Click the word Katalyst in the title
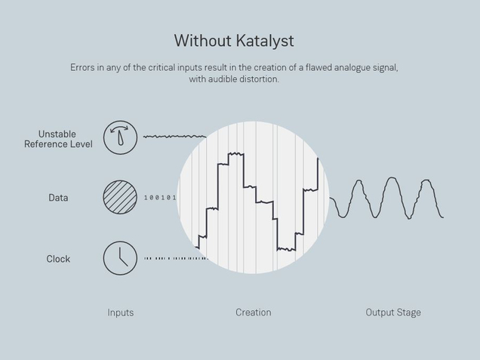[265, 41]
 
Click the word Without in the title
[203, 41]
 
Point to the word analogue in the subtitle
[352, 68]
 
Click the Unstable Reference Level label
[58, 139]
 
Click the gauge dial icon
[120, 137]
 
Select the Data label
[58, 198]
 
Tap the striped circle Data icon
[120, 197]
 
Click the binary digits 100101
[161, 198]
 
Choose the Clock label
[58, 259]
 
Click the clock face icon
[120, 258]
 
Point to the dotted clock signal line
[176, 258]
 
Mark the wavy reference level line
[174, 136]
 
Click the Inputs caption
[121, 312]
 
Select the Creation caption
[254, 312]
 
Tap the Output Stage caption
[393, 312]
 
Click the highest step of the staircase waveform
[236, 153]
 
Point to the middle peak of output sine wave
[392, 178]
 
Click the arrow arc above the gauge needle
[119, 128]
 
